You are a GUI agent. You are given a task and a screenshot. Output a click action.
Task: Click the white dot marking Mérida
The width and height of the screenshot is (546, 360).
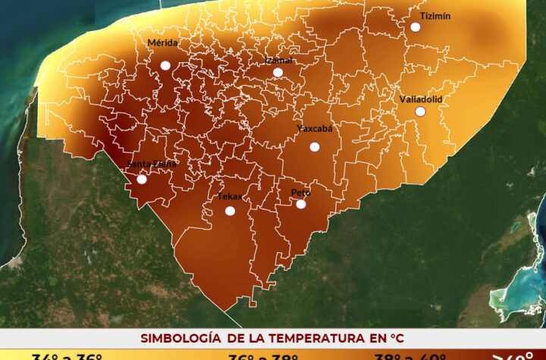[165, 66]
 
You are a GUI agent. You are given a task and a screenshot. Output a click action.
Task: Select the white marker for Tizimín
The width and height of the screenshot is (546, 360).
[416, 27]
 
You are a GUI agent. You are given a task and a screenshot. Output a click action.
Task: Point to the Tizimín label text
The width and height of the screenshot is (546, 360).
[435, 16]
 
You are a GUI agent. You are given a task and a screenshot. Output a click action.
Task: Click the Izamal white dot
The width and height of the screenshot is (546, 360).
[278, 73]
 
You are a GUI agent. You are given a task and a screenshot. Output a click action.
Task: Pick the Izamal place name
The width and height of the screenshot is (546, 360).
[279, 60]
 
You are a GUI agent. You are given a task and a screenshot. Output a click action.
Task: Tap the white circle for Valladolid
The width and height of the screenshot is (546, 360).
[419, 111]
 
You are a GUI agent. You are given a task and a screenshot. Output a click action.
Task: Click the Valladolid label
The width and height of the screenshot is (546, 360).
[421, 99]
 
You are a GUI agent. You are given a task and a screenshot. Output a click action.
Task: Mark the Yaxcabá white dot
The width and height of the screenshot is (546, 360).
[315, 147]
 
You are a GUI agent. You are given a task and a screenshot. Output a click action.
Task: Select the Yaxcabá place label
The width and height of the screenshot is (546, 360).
[315, 128]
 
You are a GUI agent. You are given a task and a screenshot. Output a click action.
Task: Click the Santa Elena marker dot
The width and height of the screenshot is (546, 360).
[142, 180]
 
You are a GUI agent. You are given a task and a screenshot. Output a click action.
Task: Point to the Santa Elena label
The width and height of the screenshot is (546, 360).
[152, 164]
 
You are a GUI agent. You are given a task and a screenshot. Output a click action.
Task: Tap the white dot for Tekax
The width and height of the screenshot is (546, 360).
[230, 211]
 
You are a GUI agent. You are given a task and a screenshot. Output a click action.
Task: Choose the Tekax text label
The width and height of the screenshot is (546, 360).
[230, 197]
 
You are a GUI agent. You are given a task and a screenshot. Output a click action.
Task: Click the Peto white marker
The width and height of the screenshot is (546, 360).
[301, 204]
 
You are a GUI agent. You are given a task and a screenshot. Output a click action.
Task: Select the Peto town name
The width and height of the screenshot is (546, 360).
[301, 193]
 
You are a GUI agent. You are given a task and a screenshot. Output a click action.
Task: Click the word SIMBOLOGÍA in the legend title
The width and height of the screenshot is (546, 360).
[178, 337]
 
